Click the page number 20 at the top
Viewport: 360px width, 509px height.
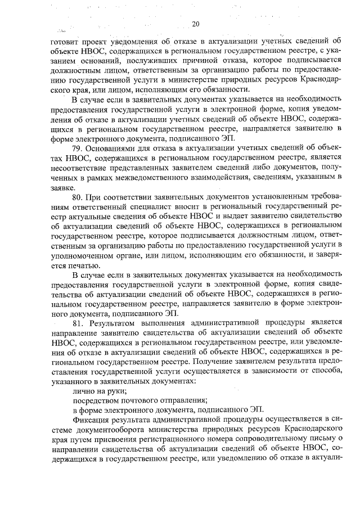195,24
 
